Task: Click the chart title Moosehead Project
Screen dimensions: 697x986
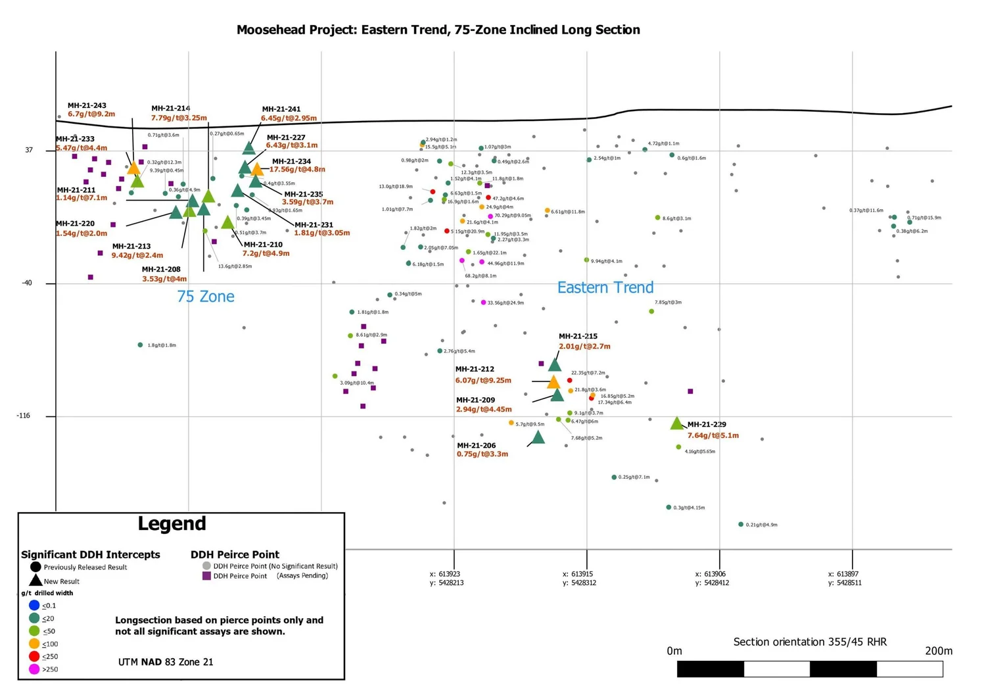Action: click(x=438, y=30)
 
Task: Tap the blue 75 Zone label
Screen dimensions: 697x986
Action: click(x=205, y=297)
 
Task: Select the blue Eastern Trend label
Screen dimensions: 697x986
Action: click(x=605, y=287)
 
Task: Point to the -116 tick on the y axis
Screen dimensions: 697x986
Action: click(x=24, y=416)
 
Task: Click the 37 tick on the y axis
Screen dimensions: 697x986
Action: click(x=28, y=150)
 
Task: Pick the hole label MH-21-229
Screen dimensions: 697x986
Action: click(x=707, y=425)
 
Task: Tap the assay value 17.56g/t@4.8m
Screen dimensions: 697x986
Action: click(x=297, y=170)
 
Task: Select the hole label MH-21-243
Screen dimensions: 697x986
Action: click(x=87, y=105)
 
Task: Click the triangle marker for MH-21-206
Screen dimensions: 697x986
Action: click(x=538, y=437)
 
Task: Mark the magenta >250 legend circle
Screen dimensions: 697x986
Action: click(x=34, y=669)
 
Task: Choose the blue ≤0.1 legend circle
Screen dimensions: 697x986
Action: click(x=34, y=605)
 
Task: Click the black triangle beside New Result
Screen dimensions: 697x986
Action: click(x=35, y=581)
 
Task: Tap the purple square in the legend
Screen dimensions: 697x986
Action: click(x=206, y=576)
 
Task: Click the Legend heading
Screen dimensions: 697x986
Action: click(x=172, y=523)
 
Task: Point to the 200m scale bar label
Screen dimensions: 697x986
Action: click(x=938, y=651)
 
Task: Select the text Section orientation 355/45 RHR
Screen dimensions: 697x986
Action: click(x=810, y=642)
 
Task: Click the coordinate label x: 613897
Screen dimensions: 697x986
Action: click(x=845, y=574)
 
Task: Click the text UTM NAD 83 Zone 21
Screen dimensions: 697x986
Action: click(x=166, y=662)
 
